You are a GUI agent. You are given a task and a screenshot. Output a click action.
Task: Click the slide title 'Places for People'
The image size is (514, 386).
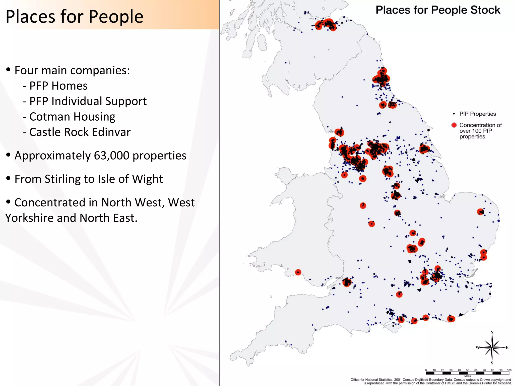pos(74,17)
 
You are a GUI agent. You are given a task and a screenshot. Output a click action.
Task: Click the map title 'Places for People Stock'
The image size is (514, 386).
pos(438,10)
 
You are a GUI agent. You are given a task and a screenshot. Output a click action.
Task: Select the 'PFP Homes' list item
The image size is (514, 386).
pos(58,86)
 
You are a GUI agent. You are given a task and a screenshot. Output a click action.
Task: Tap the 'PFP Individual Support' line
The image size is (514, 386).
pos(88,101)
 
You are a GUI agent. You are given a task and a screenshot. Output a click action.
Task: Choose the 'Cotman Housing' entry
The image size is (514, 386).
pos(72,117)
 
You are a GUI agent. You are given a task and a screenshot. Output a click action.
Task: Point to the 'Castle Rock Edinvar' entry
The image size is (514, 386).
pos(80,132)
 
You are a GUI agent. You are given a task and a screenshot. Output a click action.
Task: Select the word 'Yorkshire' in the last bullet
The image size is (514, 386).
pos(29,218)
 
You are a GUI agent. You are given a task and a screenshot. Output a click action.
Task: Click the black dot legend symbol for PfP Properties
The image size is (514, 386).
pos(454,114)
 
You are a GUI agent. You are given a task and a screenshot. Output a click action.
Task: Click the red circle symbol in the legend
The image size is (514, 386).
pos(454,125)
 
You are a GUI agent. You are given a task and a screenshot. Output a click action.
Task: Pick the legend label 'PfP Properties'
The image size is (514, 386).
pos(477,114)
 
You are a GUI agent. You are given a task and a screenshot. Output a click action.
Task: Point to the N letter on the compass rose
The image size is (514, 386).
pos(492,333)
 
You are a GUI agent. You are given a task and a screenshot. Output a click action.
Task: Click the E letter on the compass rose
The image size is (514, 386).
pos(507,348)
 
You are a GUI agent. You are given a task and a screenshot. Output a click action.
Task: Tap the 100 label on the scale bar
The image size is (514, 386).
pos(509,370)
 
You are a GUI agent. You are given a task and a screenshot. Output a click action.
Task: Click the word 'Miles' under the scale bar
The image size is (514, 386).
pos(467,376)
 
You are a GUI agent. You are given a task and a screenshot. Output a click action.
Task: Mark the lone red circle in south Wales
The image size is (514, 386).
pos(298,272)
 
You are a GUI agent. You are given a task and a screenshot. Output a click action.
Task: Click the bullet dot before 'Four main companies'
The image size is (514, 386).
pos(9,70)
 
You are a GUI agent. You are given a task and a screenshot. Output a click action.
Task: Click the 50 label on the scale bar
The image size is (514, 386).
pos(468,370)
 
